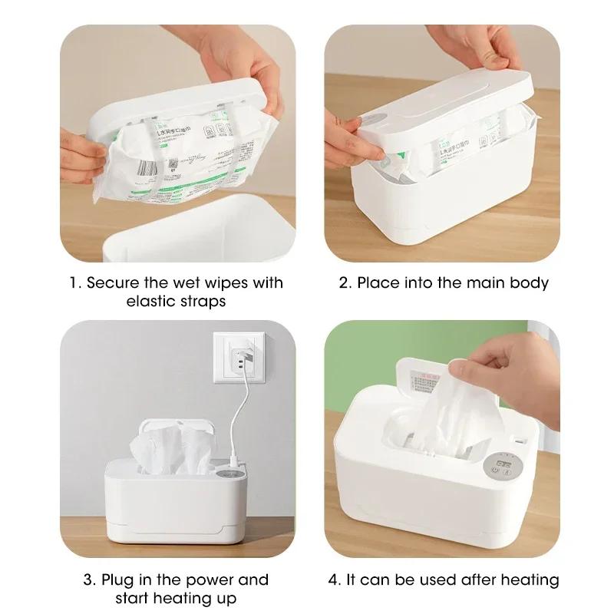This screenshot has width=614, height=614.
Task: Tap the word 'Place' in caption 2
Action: [378, 282]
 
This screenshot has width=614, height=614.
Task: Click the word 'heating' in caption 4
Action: [530, 579]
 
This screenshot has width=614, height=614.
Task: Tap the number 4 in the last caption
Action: [333, 579]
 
